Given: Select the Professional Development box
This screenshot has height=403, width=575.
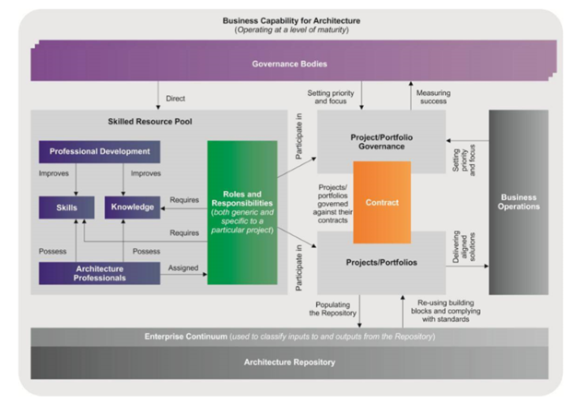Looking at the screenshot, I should (100, 151).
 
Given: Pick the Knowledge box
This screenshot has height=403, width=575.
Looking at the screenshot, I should (133, 207).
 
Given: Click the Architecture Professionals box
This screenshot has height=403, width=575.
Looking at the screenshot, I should (99, 273).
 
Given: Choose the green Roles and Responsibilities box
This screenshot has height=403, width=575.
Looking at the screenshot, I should (242, 211).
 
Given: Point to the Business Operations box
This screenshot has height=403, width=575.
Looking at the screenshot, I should (519, 202).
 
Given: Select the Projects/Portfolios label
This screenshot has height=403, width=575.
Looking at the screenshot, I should (381, 262).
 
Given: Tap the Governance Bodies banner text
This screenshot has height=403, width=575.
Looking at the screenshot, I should (288, 64).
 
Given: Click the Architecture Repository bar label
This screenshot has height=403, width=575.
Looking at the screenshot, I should (288, 362).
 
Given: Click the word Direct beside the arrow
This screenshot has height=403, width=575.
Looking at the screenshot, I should (175, 99).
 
